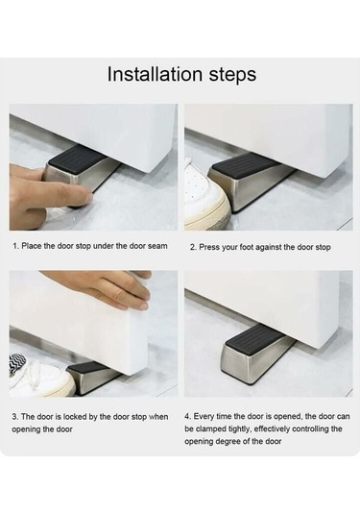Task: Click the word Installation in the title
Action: point(155,74)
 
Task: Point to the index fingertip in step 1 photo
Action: point(86,196)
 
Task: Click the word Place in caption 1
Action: point(32,246)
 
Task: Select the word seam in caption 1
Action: point(157,246)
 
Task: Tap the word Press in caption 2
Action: point(209,247)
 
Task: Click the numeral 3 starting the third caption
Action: point(14,417)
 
